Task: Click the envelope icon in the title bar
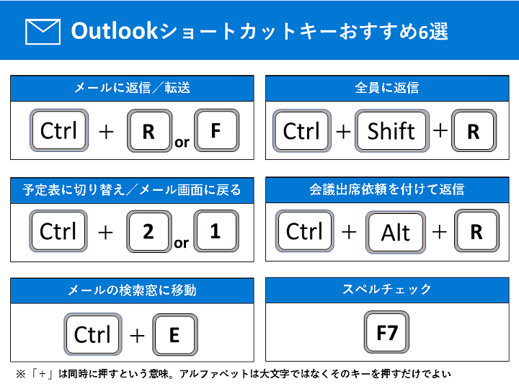(43, 32)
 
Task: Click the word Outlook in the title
(114, 31)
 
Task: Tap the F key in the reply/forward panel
(217, 130)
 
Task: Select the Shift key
(392, 130)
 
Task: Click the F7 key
(386, 332)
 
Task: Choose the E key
(175, 335)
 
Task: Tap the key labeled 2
(149, 231)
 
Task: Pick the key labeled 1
(216, 231)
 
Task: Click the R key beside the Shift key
(474, 130)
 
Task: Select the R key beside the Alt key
(476, 231)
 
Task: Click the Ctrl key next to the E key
(93, 334)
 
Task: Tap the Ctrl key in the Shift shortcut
(302, 130)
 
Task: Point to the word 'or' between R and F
(182, 143)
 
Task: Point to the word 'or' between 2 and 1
(182, 243)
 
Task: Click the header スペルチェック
(386, 289)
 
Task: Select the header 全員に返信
(387, 88)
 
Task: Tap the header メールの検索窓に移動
(132, 290)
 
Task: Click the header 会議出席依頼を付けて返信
(387, 189)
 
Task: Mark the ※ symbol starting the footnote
(20, 374)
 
